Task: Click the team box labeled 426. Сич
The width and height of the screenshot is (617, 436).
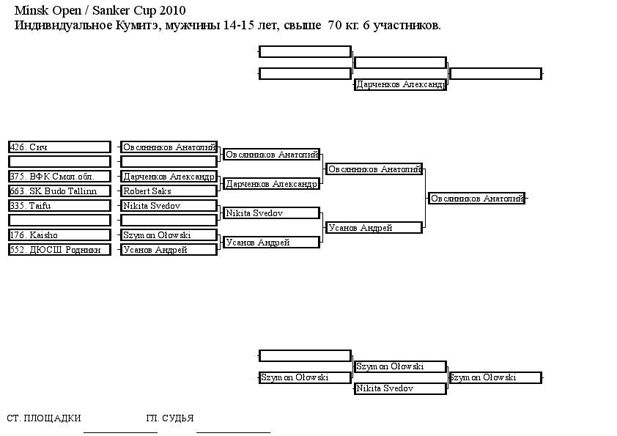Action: (59, 147)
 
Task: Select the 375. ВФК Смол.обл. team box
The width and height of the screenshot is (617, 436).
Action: (59, 177)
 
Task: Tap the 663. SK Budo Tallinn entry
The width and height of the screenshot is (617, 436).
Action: (59, 191)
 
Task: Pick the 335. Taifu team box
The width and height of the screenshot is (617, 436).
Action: (59, 205)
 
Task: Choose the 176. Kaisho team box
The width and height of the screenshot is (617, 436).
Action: (59, 235)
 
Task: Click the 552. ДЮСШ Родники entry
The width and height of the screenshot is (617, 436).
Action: (59, 249)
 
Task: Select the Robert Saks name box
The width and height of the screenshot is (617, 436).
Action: (169, 191)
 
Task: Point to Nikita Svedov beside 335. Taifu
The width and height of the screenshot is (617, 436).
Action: (169, 205)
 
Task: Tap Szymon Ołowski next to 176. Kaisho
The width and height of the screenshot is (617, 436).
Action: (169, 235)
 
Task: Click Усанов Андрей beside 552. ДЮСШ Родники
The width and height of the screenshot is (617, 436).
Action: (169, 249)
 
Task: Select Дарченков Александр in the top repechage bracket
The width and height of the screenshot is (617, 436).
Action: (400, 84)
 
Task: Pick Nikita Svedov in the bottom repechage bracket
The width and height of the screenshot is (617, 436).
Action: (400, 388)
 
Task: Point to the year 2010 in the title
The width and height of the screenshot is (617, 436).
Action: (172, 10)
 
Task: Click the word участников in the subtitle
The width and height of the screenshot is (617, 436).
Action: (407, 26)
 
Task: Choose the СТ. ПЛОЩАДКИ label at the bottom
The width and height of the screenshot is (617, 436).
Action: (44, 418)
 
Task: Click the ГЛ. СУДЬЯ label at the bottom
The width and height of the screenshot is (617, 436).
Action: (170, 418)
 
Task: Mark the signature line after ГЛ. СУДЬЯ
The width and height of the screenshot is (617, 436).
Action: (233, 432)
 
